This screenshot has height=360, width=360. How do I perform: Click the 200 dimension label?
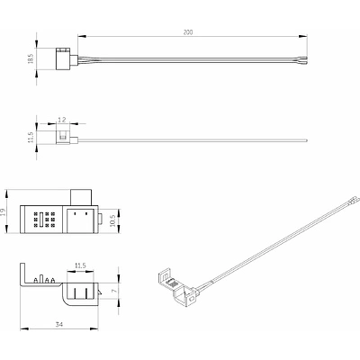[188, 32]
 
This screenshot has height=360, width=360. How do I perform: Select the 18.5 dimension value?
[31, 58]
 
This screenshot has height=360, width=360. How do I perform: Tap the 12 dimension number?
[62, 120]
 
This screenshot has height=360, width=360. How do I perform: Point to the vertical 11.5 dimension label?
[31, 137]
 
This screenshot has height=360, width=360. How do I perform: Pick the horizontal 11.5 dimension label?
[80, 265]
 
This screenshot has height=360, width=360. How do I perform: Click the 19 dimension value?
[3, 212]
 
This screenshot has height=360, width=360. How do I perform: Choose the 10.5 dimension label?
[112, 221]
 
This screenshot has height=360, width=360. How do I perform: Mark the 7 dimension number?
[113, 291]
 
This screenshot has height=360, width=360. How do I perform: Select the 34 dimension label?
[59, 324]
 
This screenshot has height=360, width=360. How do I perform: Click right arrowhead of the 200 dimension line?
[303, 37]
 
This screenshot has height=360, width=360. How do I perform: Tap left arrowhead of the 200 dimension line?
[82, 37]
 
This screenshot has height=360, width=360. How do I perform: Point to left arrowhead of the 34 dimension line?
[24, 328]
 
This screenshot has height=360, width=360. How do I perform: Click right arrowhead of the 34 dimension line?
[94, 328]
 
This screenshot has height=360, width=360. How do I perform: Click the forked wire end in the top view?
[304, 59]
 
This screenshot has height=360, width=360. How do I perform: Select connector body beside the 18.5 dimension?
[63, 58]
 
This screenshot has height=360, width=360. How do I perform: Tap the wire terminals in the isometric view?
[355, 200]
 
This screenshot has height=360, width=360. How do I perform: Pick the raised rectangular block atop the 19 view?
[81, 197]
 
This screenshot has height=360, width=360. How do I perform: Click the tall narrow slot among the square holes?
[41, 219]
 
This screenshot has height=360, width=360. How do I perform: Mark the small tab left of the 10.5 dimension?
[100, 220]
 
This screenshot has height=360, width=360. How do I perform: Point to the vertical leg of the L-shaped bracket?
[22, 274]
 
